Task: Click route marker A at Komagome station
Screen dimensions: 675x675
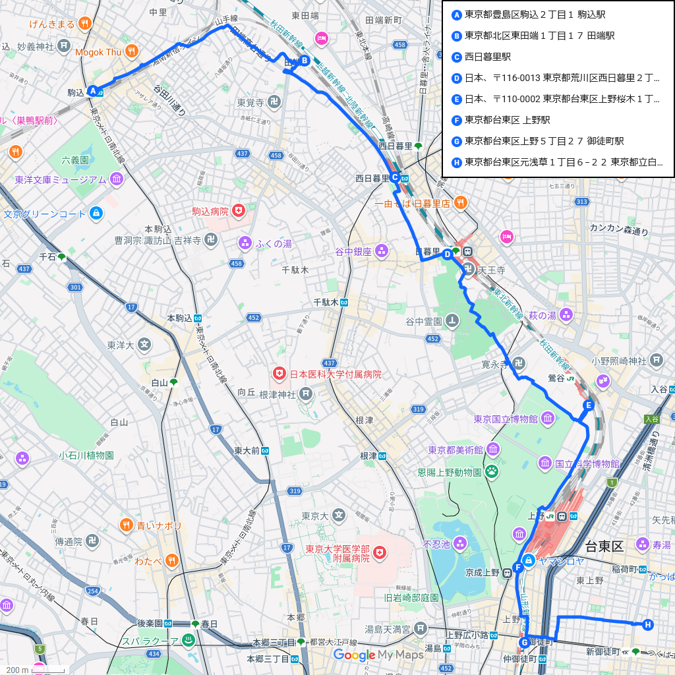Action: [x=93, y=91]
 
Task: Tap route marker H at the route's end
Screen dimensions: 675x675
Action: [x=648, y=624]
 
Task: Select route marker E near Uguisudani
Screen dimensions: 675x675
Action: [x=588, y=405]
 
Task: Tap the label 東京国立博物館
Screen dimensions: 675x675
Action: [x=505, y=419]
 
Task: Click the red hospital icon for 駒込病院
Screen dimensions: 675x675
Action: [x=238, y=212]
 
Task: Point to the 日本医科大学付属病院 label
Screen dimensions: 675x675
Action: [x=336, y=374]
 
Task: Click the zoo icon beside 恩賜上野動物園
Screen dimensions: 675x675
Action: [x=492, y=472]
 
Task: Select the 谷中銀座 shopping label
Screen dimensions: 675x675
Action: [x=353, y=250]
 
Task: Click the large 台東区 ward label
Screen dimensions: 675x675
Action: [x=603, y=546]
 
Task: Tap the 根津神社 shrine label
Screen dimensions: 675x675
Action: [x=278, y=394]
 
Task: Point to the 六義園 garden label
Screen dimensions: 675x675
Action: [x=74, y=160]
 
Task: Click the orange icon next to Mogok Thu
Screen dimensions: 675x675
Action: [x=132, y=51]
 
